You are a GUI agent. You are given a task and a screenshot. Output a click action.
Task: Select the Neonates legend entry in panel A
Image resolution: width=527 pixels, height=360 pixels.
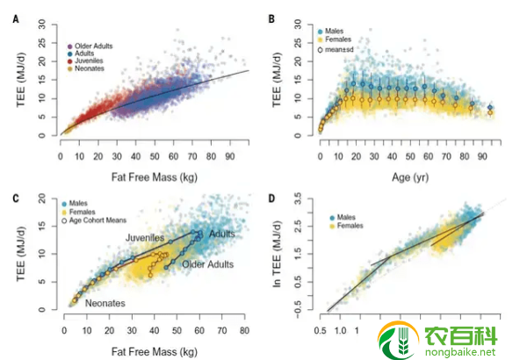[89, 68]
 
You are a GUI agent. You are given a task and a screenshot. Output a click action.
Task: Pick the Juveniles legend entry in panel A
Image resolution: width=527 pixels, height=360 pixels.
[89, 60]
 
